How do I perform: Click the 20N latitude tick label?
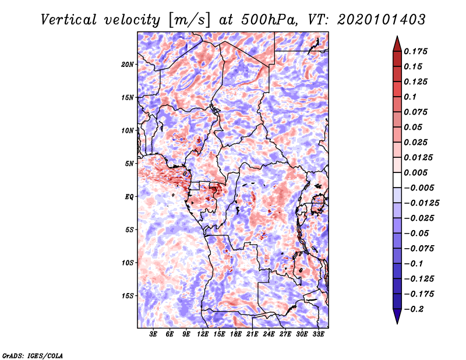coord(128,64)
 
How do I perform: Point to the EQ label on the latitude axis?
coord(129,196)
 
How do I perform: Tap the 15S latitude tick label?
coord(128,295)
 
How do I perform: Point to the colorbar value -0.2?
coord(417,309)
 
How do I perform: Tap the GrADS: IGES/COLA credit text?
coord(32,355)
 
